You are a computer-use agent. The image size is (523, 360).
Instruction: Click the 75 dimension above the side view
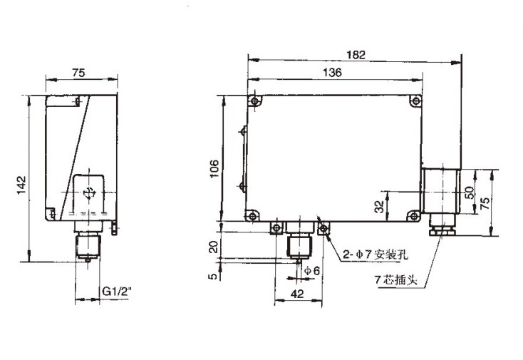tap(78, 71)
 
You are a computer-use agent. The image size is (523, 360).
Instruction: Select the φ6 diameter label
tap(311, 271)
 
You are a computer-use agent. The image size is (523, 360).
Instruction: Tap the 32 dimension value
tap(380, 207)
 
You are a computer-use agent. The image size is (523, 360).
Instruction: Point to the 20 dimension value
tap(213, 247)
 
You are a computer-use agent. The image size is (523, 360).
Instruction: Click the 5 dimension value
tap(213, 275)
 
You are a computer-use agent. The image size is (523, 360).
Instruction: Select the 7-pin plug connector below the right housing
tap(439, 229)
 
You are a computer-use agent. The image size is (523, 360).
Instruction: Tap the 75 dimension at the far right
tap(485, 202)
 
